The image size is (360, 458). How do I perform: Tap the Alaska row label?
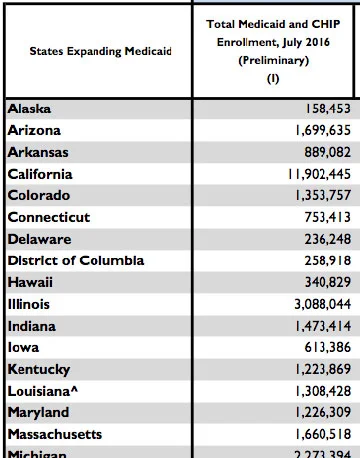pos(31,108)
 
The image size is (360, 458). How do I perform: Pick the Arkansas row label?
pos(40,152)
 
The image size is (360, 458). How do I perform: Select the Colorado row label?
pos(39,195)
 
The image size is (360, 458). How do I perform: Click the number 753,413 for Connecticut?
pos(319,217)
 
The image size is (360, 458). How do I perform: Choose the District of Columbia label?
pos(76,260)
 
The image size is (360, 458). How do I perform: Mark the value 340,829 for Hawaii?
pos(319,282)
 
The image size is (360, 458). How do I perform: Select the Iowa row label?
pos(24,347)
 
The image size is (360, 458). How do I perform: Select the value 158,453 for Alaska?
pos(319,108)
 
